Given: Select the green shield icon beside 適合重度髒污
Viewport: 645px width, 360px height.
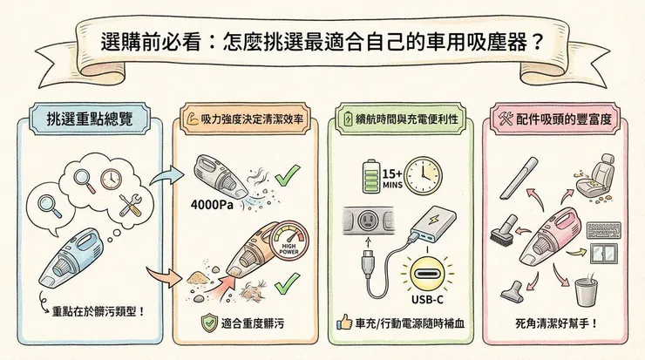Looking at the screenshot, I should (x=207, y=323).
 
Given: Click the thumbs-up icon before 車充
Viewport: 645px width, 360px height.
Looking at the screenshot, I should (x=343, y=323).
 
